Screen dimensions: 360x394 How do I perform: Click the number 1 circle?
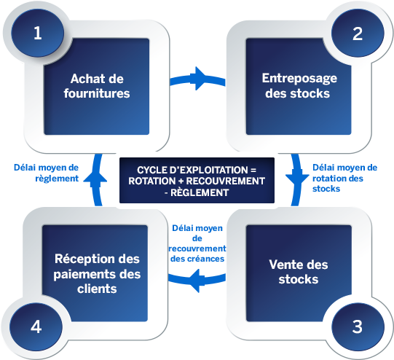pos(38,33)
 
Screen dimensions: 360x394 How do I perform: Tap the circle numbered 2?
pos(357,33)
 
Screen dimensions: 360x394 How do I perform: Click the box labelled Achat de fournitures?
pos(100,86)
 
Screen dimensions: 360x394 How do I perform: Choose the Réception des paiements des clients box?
pos(100,272)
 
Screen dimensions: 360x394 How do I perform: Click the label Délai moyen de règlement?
pos(46,171)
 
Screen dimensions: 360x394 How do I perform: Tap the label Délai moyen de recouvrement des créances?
pos(197,243)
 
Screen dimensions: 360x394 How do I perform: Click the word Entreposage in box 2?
pos(293,79)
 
